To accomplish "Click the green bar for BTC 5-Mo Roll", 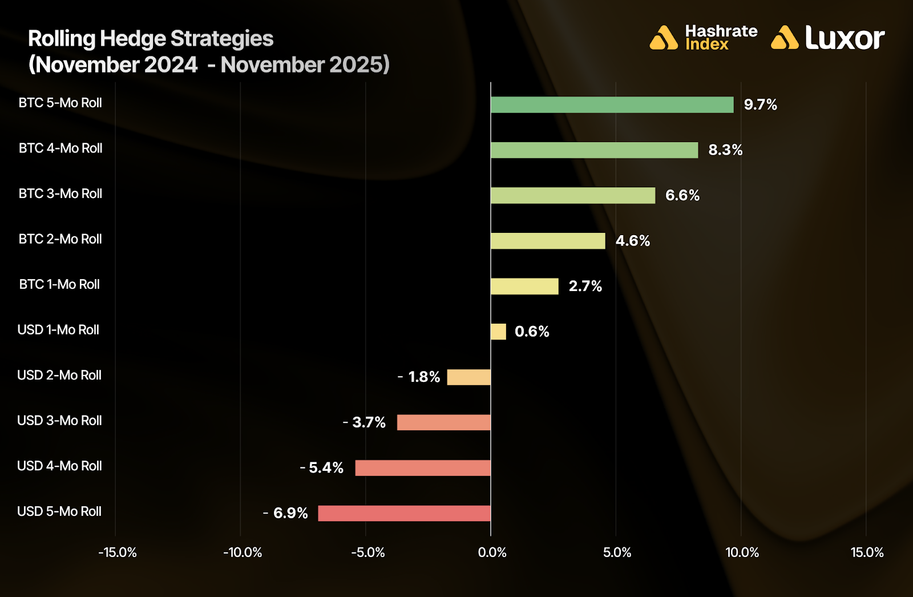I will (x=612, y=105).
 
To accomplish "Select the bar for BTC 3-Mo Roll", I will (x=573, y=196).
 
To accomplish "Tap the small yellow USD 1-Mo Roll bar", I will (x=498, y=332).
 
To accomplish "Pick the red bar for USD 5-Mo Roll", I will (x=404, y=514).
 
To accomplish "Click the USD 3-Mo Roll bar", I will (x=443, y=422).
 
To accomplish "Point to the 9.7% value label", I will (x=760, y=105).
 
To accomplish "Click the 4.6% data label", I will (x=632, y=241).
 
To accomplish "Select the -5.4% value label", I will (x=322, y=468).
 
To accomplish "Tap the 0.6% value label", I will (x=532, y=332).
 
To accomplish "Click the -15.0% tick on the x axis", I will (x=118, y=552).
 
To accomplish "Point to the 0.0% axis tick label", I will (x=492, y=552).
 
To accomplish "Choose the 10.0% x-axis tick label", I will (x=742, y=552).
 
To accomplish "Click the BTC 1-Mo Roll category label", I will (x=59, y=284).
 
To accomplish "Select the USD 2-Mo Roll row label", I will (x=59, y=375).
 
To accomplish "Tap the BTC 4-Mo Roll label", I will (x=60, y=148).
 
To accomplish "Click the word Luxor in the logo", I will (x=845, y=38).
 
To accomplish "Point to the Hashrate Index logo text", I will (x=721, y=38).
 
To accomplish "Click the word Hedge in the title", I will (x=133, y=39).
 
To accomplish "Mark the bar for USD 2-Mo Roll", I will (x=468, y=377).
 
